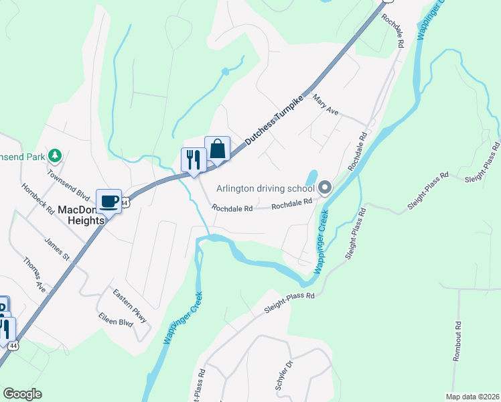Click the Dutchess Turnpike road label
click(275, 121)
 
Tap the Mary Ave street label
click(326, 105)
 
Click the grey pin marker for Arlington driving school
click(325, 188)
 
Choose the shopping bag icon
click(218, 148)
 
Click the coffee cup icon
click(109, 200)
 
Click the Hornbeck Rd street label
click(37, 199)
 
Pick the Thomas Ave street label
click(35, 275)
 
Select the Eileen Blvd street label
click(115, 319)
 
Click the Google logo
click(22, 394)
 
